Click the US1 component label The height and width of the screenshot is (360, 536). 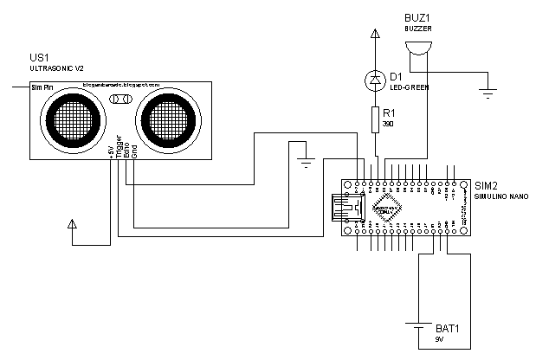point(40,57)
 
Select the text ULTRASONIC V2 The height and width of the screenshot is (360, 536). point(59,68)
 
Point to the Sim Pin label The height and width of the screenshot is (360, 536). point(42,87)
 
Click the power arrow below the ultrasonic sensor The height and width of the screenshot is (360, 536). point(72,227)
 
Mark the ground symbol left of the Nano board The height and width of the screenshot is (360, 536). point(304,160)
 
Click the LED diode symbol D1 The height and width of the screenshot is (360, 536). point(375,80)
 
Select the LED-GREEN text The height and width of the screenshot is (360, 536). point(410,88)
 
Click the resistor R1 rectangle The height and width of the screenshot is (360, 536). point(375,118)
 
